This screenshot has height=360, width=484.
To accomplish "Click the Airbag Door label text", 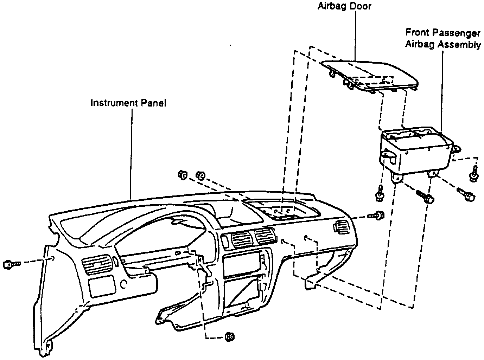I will (x=344, y=6).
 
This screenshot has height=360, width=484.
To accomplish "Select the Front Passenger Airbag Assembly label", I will (x=443, y=39).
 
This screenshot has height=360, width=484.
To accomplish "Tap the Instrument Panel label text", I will (x=128, y=103).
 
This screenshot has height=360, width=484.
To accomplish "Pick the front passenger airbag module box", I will (x=415, y=151).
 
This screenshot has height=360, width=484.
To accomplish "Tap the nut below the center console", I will (x=230, y=336).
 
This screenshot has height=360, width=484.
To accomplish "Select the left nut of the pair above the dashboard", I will (x=183, y=174).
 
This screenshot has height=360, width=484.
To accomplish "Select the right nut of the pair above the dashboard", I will (x=201, y=175).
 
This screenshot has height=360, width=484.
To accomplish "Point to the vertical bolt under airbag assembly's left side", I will (x=380, y=193).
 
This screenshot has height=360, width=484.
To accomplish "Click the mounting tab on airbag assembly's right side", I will (x=457, y=149).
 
